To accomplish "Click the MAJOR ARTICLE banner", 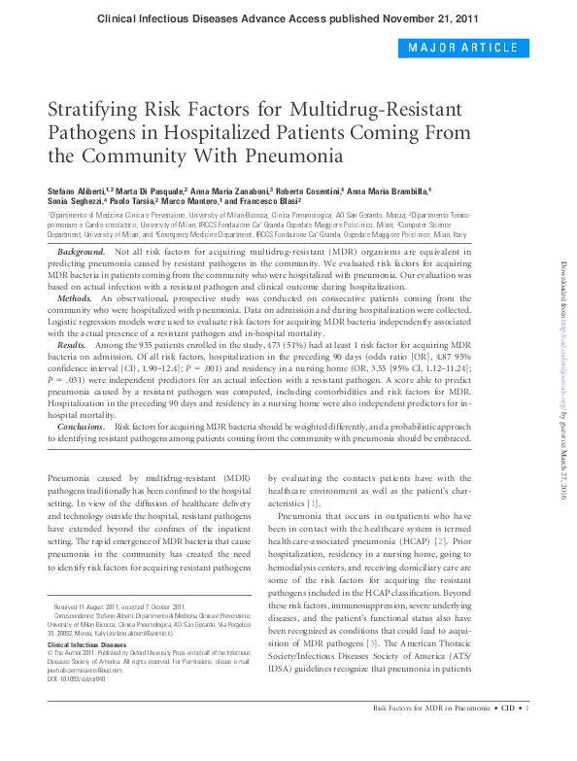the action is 462,48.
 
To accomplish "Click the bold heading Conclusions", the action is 82,427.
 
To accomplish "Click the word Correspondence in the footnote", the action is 74,616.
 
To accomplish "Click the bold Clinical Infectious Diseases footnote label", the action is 86,644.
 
